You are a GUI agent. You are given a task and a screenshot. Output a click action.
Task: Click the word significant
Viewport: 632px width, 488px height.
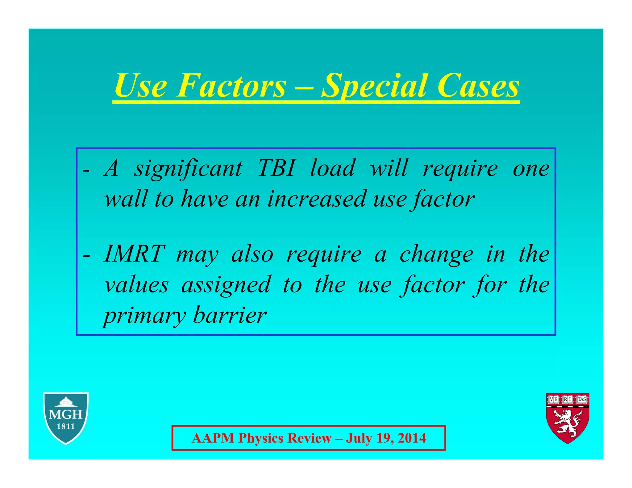(x=188, y=169)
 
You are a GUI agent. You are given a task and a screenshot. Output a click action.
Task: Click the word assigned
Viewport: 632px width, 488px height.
(x=226, y=285)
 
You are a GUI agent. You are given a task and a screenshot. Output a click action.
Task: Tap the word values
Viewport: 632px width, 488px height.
(x=136, y=285)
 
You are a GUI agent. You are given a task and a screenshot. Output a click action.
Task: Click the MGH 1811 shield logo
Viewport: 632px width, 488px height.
(x=66, y=418)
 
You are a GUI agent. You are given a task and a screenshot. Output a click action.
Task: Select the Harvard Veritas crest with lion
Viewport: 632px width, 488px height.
(x=568, y=418)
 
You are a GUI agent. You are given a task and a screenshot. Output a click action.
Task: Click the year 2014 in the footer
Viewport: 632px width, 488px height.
(x=412, y=438)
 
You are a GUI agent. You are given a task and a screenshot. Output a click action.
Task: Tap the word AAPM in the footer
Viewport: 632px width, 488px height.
(x=213, y=438)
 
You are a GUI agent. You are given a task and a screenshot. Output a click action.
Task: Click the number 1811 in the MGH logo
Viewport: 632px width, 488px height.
(x=66, y=427)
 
